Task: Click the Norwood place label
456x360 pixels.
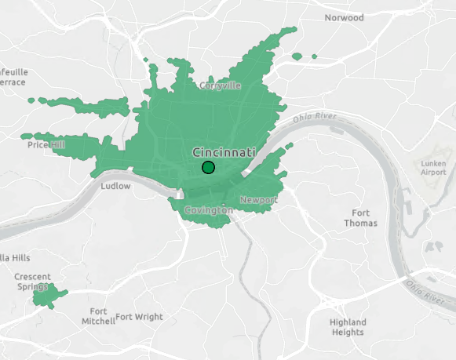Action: (344, 17)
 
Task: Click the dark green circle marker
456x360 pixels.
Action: (208, 167)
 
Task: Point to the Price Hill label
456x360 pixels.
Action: (47, 145)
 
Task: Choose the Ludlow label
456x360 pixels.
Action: (116, 186)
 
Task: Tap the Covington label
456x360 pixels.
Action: (208, 211)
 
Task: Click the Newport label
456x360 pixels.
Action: (258, 200)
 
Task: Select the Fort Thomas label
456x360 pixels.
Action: (361, 218)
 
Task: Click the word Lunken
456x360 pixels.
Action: (433, 162)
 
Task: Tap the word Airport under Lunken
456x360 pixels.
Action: (433, 172)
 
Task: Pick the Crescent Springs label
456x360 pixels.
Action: (32, 282)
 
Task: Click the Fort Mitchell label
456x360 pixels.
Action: (98, 315)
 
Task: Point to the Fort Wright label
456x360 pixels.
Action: (140, 317)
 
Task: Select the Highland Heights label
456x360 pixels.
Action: (348, 327)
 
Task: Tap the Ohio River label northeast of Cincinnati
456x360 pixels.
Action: (315, 118)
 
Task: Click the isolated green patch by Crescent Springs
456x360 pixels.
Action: (49, 295)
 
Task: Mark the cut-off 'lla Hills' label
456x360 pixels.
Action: (15, 257)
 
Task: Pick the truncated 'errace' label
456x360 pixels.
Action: (13, 82)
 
